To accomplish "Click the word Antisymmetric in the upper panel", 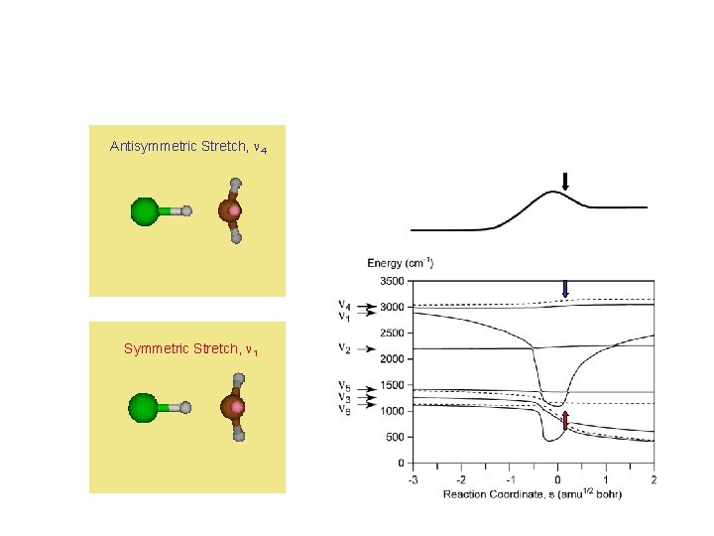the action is pos(149,147).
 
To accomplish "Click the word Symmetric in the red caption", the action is pos(152,348).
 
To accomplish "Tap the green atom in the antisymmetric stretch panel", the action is pos(145,210).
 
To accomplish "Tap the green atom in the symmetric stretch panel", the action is pos(144,406).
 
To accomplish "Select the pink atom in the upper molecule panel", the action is pos(235,210).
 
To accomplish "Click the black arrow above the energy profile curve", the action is pos(565,181).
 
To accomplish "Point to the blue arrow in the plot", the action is pos(565,288).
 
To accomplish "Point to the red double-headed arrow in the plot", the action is pos(565,422).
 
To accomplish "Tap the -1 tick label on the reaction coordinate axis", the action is pos(507,480).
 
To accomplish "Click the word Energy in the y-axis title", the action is pos(385,263).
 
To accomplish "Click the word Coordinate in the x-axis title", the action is pos(521,493).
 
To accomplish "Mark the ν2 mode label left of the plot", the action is pos(343,348).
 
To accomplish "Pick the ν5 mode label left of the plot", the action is pos(343,385).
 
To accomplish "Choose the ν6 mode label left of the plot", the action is pos(343,408).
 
